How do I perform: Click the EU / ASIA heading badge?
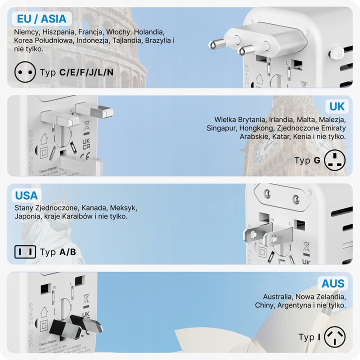coord(41,19)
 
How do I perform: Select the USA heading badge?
coord(26,195)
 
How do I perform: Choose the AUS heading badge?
coord(333,283)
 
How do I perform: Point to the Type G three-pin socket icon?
coord(335,160)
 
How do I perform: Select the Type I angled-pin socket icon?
coord(335,337)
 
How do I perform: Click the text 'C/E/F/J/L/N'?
coord(86,72)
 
